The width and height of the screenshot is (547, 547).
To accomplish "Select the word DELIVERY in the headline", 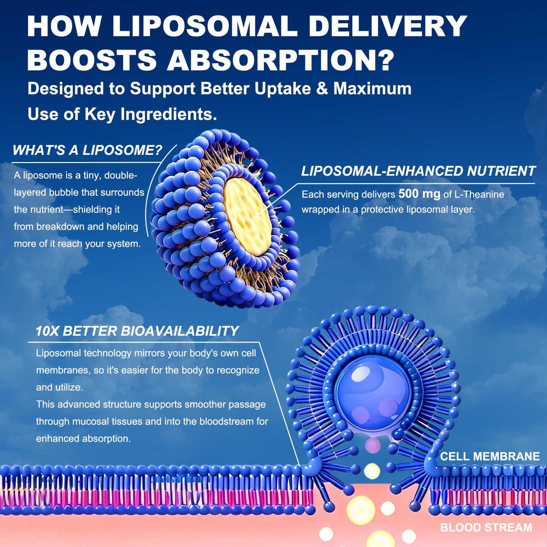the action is pyautogui.click(x=388, y=26).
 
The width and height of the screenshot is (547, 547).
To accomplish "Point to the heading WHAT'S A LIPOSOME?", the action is pyautogui.click(x=87, y=150).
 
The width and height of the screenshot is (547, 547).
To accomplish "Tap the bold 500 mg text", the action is pyautogui.click(x=419, y=194).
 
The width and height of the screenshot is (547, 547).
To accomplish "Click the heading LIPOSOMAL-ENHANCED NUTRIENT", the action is pyautogui.click(x=418, y=171).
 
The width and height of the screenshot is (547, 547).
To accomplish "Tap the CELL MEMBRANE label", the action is pyautogui.click(x=490, y=456).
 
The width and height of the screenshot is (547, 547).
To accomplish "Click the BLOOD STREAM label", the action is pyautogui.click(x=486, y=527).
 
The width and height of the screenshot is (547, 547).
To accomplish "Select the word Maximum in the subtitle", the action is pyautogui.click(x=372, y=89).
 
